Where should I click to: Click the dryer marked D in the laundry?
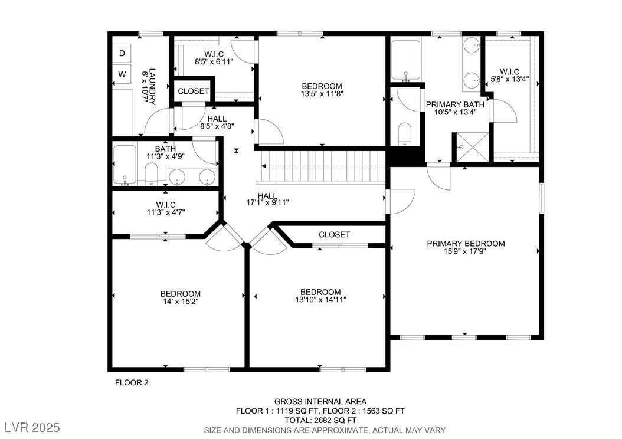[x=122, y=53]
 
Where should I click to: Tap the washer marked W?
[x=122, y=74]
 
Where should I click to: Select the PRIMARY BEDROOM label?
[x=466, y=244]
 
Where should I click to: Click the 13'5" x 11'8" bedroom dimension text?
[x=322, y=94]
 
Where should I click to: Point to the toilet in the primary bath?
[x=404, y=133]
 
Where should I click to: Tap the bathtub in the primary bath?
[x=405, y=61]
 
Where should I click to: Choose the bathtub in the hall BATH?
[x=125, y=165]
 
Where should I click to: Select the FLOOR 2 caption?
[x=131, y=383]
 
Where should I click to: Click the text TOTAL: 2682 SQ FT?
[x=320, y=420]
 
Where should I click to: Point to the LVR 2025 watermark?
[x=32, y=427]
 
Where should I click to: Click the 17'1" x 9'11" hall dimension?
[x=268, y=202]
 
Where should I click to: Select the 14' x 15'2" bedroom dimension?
[x=181, y=302]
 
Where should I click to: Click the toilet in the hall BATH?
[x=151, y=175]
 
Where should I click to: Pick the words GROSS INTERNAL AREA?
[x=320, y=402]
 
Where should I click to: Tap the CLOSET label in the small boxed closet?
[x=193, y=91]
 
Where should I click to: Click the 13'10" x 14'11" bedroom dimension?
[x=320, y=299]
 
